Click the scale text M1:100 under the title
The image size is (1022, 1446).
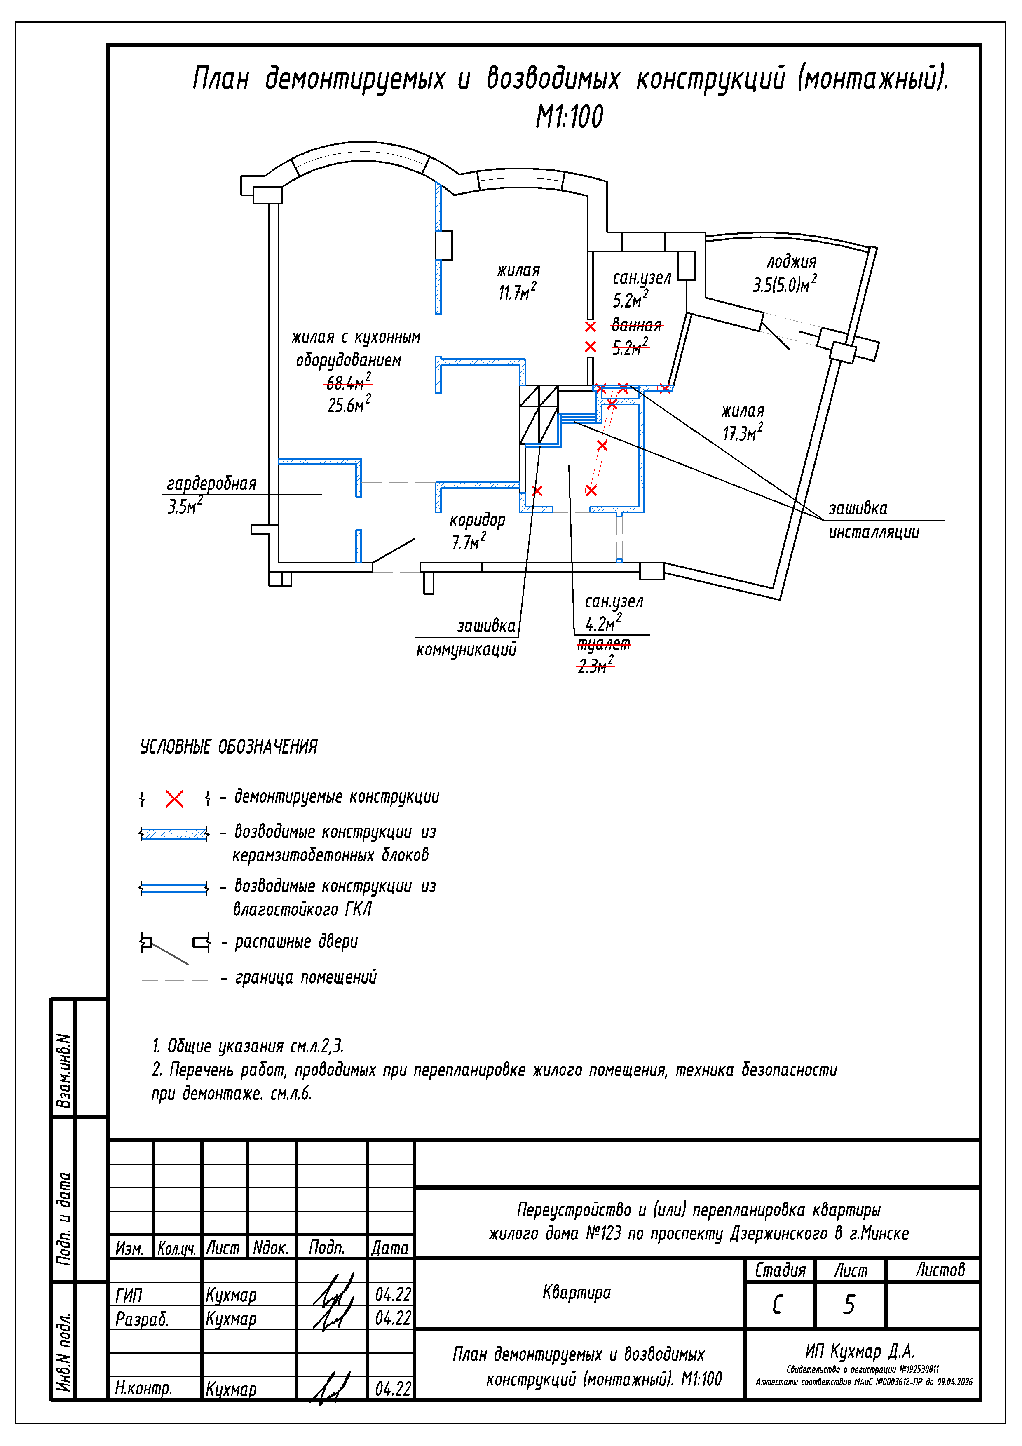(569, 117)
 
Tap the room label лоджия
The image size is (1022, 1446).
(791, 262)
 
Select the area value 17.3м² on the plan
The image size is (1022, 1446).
(743, 433)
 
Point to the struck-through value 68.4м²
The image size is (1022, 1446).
(348, 382)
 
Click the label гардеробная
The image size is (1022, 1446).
(211, 484)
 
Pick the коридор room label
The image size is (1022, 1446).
(477, 520)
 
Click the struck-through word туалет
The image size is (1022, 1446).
(604, 643)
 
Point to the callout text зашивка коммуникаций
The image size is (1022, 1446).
(466, 637)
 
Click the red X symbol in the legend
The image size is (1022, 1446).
(174, 798)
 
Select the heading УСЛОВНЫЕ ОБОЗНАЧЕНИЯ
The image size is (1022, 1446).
(229, 747)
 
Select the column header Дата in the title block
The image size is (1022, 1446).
(390, 1248)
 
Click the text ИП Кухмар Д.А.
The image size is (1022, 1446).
(860, 1352)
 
